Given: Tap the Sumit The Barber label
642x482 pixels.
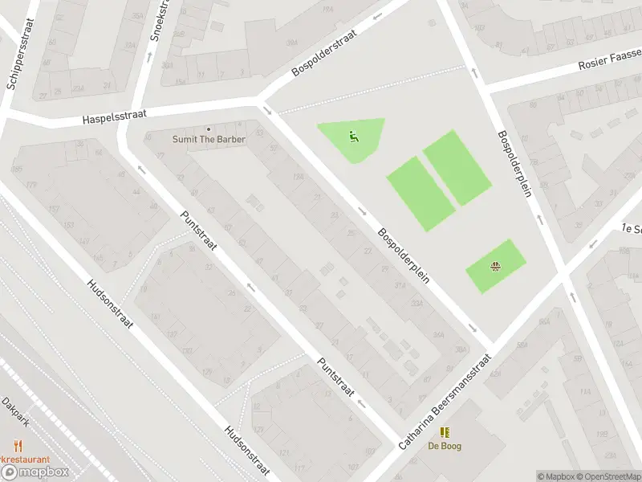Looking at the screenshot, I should [x=209, y=139].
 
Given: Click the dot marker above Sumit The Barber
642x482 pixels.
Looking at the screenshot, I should [x=209, y=129].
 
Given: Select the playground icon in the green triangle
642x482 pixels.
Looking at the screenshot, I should [x=353, y=136].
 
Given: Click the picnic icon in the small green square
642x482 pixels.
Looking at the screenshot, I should [x=496, y=266].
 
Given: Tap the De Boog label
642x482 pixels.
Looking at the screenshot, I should [x=444, y=446].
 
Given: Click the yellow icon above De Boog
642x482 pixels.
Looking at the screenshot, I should [x=444, y=432].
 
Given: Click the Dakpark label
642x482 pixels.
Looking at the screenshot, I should [x=15, y=412].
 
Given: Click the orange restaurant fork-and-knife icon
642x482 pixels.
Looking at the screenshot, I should [x=18, y=445].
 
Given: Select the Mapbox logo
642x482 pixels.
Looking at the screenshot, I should [x=35, y=472].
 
